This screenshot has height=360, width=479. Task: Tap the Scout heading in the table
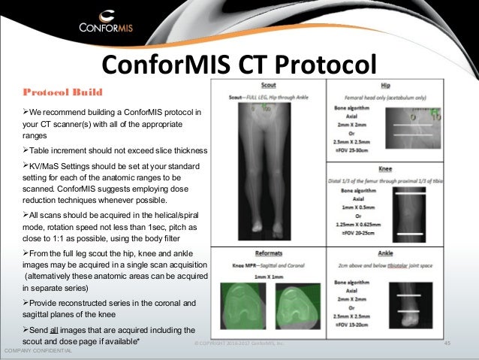(268, 85)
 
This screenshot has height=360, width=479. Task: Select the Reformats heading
(268, 255)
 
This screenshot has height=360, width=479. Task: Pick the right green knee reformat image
(295, 308)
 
